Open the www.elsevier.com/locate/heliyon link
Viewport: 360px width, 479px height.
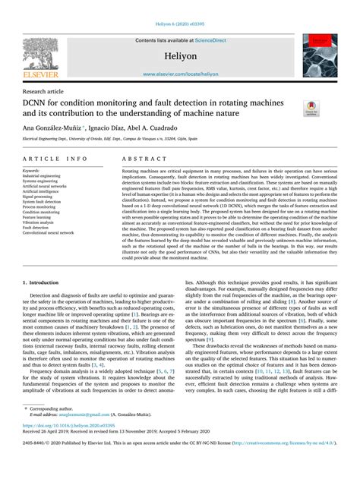[180, 74]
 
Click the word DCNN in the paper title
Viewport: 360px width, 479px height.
[38, 102]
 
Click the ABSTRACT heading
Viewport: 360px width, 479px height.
[142, 159]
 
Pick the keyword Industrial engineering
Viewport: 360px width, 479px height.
[42, 176]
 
